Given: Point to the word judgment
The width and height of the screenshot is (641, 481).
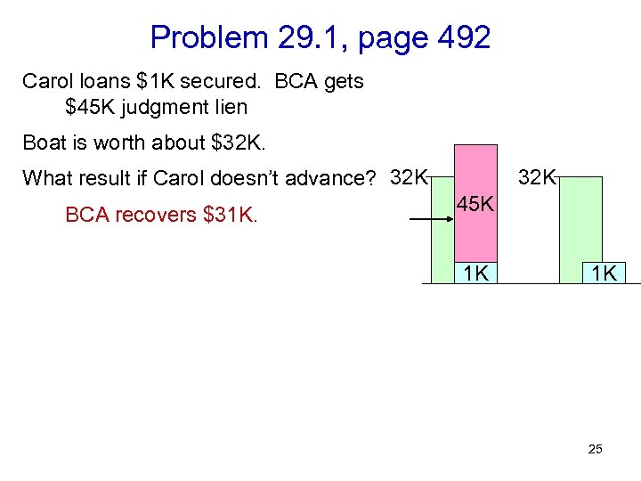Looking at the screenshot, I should click(x=169, y=108).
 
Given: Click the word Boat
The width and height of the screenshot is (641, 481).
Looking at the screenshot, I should click(x=45, y=143).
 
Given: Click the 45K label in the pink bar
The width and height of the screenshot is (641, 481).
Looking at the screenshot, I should click(x=475, y=205).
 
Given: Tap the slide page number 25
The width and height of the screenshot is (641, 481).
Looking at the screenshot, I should click(x=595, y=449).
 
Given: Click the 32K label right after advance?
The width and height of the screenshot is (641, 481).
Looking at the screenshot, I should click(x=409, y=176).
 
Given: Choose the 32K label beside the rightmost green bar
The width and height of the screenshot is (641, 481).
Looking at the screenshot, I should click(x=538, y=176).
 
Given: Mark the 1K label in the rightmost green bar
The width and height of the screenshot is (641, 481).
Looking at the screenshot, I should click(x=604, y=273).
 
